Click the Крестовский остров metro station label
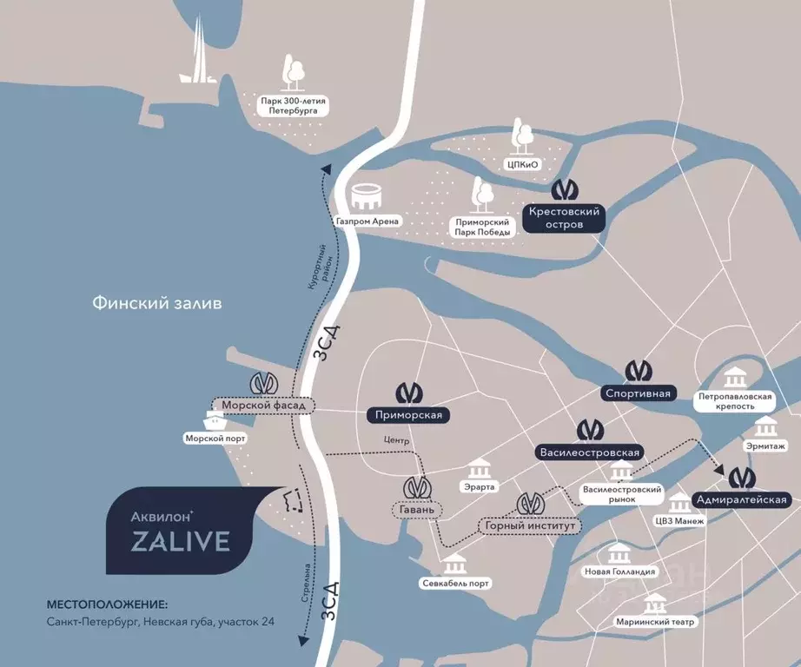565,218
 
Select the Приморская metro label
409,415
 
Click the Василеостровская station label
590,452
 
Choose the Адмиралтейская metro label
741,499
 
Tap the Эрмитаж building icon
765,426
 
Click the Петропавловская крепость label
734,400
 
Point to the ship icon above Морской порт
215,421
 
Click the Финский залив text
157,303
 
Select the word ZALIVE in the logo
181,542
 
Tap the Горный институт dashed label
527,525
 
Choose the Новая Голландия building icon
619,554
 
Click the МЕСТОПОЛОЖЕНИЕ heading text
106,604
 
